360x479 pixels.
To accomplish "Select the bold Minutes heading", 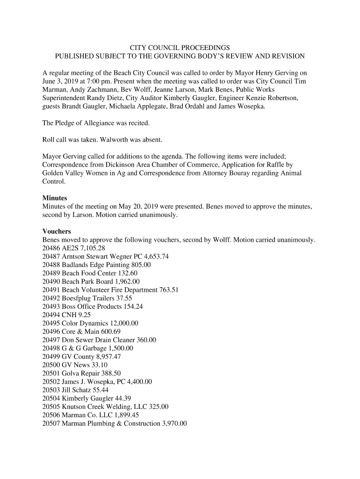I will [x=55, y=198].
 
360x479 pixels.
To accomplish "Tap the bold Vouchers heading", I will [x=57, y=232].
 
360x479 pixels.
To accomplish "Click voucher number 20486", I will [x=51, y=248].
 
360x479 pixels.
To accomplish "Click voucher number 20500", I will [x=51, y=365].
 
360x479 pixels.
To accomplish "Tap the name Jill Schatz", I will [x=77, y=390].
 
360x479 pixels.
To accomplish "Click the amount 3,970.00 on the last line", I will [x=173, y=424].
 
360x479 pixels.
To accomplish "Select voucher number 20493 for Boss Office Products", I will [x=51, y=306].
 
